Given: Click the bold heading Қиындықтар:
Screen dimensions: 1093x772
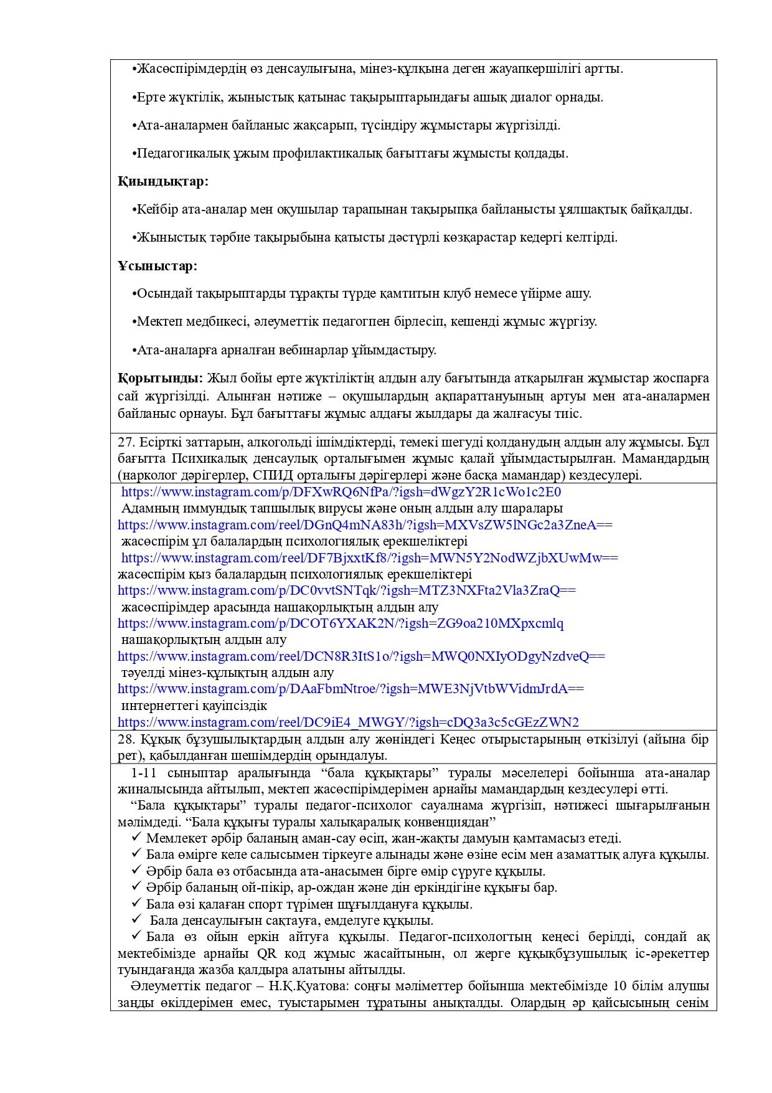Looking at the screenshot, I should point(163,181).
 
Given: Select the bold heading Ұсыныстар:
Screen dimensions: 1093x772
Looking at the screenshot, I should point(158,266).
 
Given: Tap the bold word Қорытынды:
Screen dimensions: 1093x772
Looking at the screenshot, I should point(160,378).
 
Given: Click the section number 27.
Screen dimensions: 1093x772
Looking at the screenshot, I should point(126,443).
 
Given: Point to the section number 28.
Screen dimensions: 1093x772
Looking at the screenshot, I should point(126,740).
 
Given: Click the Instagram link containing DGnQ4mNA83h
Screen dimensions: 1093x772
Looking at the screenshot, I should point(365,525).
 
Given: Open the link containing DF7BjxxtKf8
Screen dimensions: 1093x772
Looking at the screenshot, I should point(369,558).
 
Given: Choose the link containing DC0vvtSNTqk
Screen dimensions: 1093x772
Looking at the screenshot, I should point(346,590).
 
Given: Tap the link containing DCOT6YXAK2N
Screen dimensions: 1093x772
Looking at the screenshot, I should point(341,623).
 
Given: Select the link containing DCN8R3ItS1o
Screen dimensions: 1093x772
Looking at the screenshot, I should point(361,656).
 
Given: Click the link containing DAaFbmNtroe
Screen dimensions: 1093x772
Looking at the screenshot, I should point(351,689).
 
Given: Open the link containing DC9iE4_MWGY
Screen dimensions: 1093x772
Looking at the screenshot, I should point(348,722).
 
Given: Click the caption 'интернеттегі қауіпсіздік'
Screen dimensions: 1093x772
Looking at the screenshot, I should point(194,706).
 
